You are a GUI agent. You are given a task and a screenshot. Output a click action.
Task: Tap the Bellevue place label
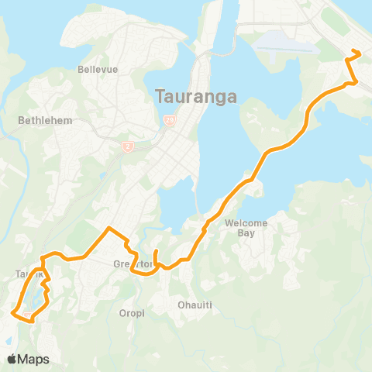point(98,69)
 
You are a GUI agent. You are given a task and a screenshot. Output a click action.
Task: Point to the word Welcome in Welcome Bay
point(246,223)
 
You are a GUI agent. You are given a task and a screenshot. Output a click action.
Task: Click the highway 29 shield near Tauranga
point(169,120)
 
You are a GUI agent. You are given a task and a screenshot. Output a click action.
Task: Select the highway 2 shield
point(127,146)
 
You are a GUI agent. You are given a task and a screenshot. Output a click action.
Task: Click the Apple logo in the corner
point(12,360)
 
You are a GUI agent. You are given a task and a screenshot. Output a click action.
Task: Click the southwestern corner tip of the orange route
point(12,312)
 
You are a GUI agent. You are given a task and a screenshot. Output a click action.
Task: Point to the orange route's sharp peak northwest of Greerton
point(109,228)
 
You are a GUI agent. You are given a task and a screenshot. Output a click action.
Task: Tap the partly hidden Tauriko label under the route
point(23,274)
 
